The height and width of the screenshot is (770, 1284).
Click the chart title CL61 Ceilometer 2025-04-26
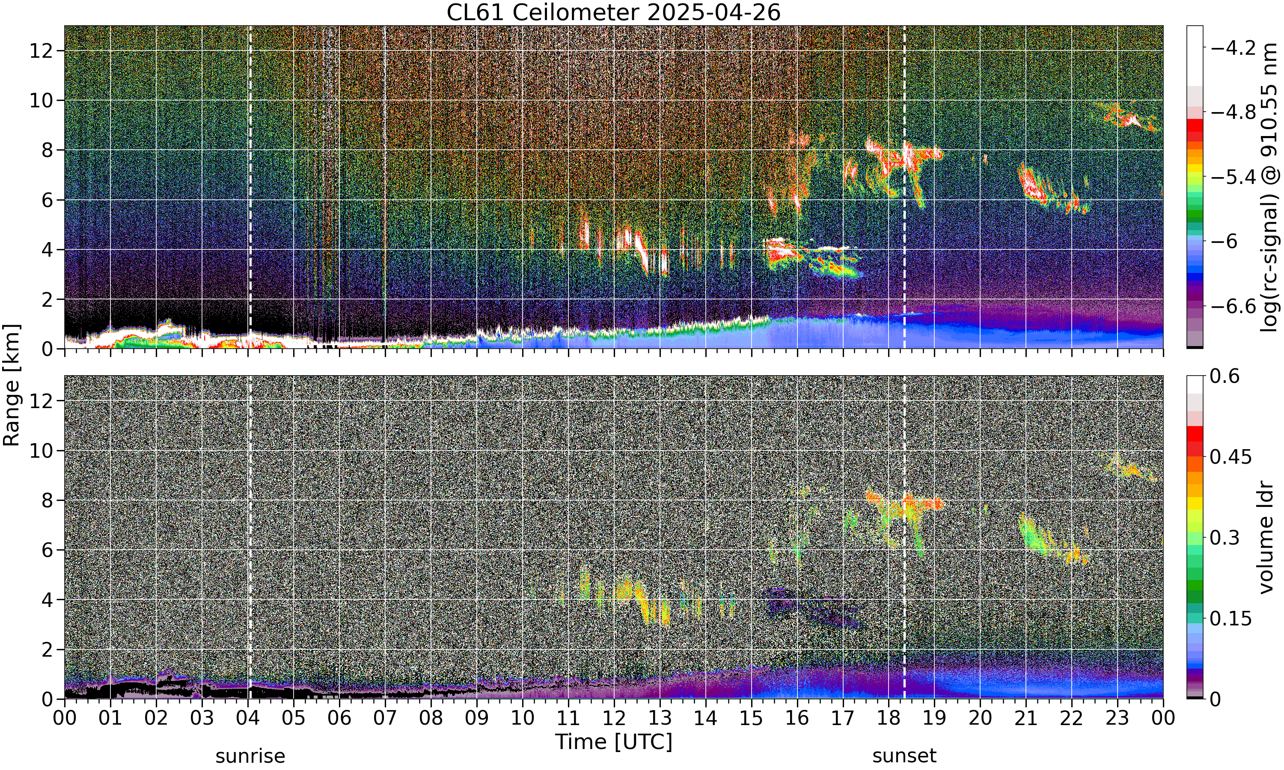(613, 12)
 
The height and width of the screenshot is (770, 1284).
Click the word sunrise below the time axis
(250, 756)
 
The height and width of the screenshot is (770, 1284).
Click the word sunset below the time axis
(904, 756)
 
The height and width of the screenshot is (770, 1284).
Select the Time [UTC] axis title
(613, 742)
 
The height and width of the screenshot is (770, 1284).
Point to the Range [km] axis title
(12, 385)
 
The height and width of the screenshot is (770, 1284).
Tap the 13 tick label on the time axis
(660, 718)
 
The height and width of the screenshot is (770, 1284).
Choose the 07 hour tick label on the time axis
(385, 718)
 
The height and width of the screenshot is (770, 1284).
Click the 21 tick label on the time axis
(1026, 718)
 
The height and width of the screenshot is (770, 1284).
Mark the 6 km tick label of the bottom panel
(47, 550)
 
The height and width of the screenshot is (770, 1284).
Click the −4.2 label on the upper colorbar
(1233, 48)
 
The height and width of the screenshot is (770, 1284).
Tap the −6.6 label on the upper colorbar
(1233, 306)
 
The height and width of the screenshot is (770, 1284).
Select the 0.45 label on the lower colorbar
(1230, 456)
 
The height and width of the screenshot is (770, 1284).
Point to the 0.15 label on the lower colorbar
(1230, 619)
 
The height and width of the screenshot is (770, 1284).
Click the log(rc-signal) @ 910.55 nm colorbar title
(1269, 187)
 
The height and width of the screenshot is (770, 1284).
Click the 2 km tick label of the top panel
(47, 299)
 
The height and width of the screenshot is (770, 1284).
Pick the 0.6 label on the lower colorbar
(1225, 376)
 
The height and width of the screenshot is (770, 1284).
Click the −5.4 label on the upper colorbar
(1233, 177)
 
